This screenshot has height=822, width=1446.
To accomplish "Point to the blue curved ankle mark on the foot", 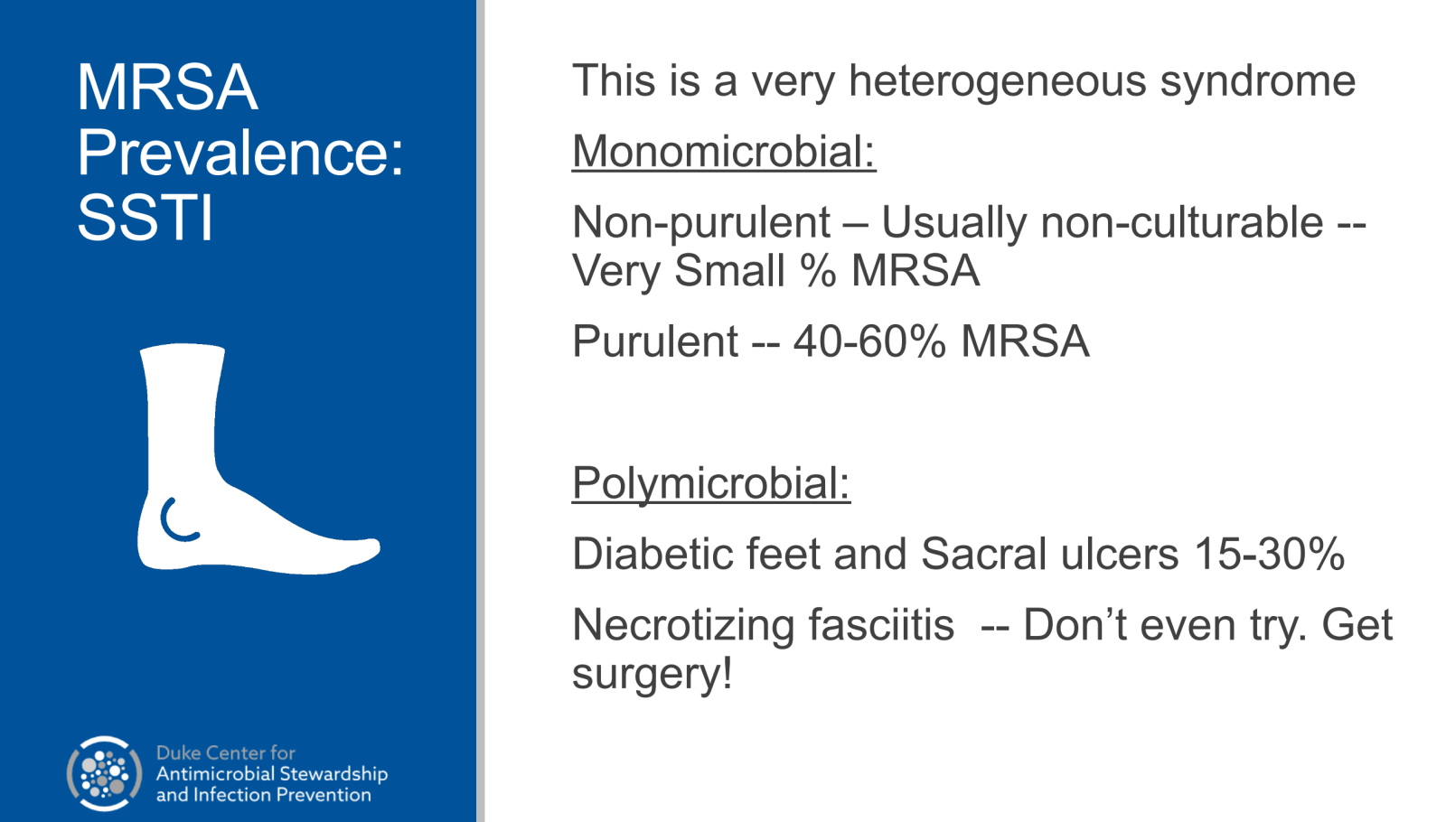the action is [177, 520].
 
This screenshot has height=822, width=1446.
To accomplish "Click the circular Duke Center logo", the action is [105, 773].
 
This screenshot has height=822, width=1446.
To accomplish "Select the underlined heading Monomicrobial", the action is [724, 152].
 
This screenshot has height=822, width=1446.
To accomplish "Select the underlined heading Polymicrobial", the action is [710, 482].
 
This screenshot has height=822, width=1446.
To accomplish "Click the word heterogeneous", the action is [997, 82].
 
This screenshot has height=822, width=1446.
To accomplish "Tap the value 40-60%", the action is [869, 341].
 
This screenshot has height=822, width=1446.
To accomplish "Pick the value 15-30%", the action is [1269, 555].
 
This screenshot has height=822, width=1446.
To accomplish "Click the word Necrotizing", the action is [683, 627].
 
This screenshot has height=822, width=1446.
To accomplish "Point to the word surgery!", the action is [652, 675].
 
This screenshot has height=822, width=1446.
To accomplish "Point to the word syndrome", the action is [1257, 82].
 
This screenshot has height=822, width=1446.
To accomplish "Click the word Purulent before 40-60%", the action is [655, 341].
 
